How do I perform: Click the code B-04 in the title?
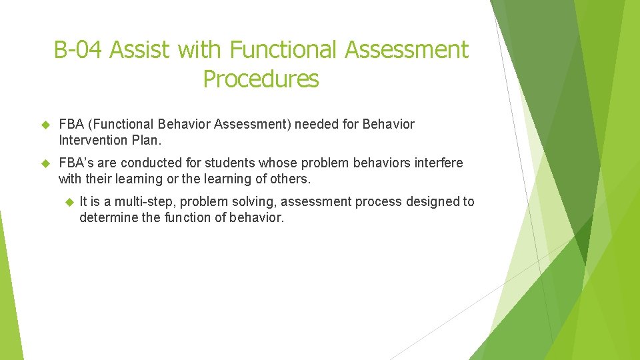[79, 50]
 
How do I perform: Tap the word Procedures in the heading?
[261, 79]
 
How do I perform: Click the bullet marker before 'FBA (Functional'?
[46, 125]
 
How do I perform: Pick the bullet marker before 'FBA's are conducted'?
[46, 163]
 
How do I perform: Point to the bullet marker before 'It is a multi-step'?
[67, 202]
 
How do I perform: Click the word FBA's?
[76, 163]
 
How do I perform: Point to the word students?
[228, 163]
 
